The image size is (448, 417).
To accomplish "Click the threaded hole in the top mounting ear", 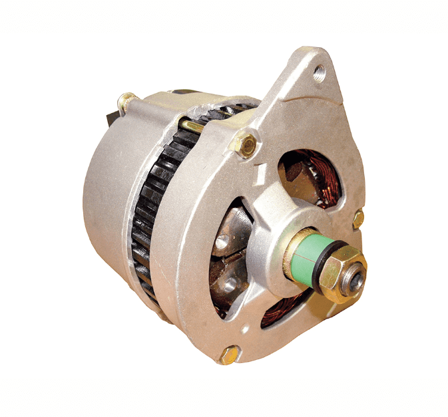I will point(320,72).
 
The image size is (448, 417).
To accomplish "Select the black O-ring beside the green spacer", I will point(321,262).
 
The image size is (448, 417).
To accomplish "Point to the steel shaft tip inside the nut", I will point(357,277).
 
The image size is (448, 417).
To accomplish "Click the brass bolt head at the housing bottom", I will point(230,354).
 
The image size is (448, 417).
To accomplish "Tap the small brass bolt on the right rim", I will point(358,218).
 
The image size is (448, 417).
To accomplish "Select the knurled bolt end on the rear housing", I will point(126,102).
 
